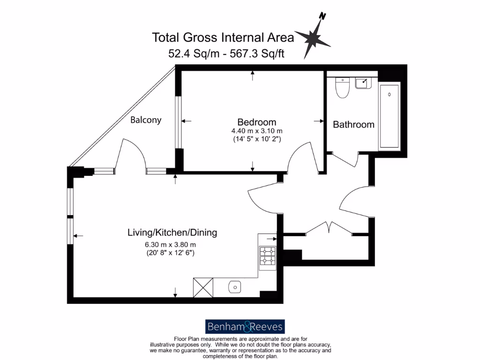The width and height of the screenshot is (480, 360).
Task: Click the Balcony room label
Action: pyautogui.click(x=146, y=120)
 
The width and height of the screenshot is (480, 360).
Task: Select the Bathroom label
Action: pyautogui.click(x=353, y=124)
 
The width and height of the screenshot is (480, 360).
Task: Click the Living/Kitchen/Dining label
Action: pyautogui.click(x=172, y=232)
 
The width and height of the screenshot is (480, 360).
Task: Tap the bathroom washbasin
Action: pyautogui.click(x=362, y=83)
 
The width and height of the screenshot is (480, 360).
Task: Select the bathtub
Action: pyautogui.click(x=390, y=116)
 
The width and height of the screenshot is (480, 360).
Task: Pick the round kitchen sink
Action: pyautogui.click(x=234, y=287)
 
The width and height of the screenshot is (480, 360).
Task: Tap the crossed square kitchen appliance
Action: pyautogui.click(x=203, y=287)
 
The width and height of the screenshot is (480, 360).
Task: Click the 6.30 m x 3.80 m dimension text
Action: pyautogui.click(x=170, y=245)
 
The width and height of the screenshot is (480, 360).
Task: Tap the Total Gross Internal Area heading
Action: pyautogui.click(x=223, y=37)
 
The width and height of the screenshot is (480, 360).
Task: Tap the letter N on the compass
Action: pyautogui.click(x=322, y=16)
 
